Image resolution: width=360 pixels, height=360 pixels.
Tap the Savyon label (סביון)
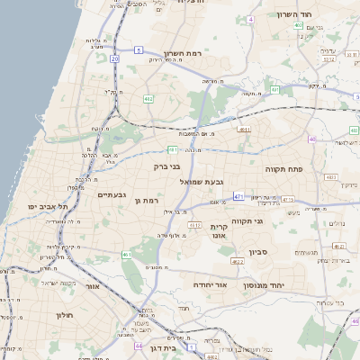pyautogui.click(x=259, y=253)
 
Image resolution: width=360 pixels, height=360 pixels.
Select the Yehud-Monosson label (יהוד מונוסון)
pyautogui.click(x=263, y=285)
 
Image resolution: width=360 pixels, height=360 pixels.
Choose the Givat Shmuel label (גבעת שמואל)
pyautogui.click(x=202, y=181)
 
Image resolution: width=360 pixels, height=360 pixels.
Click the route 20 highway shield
pyautogui.click(x=114, y=58)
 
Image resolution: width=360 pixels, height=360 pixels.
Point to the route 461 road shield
pyautogui.click(x=127, y=255)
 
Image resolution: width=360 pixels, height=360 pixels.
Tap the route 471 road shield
pyautogui.click(x=238, y=195)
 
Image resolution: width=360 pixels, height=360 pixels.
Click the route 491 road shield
pyautogui.click(x=171, y=149)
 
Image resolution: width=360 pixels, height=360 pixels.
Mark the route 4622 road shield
pyautogui.click(x=237, y=262)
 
